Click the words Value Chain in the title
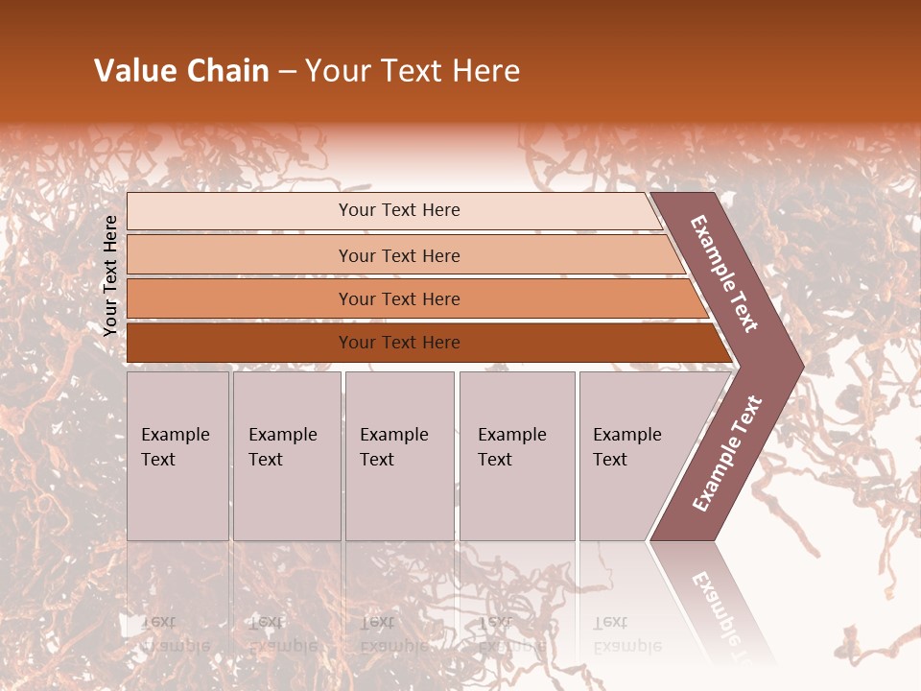click(181, 71)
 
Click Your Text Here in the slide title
click(413, 71)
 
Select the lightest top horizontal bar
click(393, 211)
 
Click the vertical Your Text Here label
click(110, 275)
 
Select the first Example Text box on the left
click(177, 456)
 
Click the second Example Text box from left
click(286, 456)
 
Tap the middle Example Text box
click(399, 456)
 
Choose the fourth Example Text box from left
click(516, 456)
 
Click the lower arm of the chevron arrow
click(724, 456)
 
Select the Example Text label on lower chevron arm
click(727, 454)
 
